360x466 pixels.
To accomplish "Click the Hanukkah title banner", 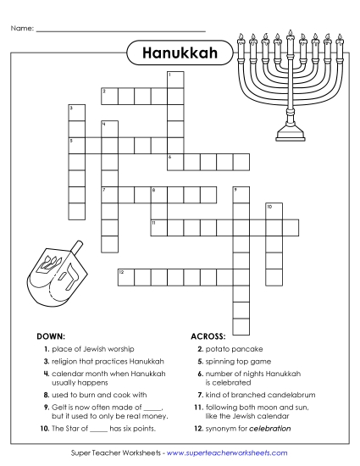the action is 180,54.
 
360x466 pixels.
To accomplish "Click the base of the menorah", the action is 289,131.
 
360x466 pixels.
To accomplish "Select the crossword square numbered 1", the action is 174,79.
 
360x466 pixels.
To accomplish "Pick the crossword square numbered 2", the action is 109,95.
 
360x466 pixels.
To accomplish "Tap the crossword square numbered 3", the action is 76,112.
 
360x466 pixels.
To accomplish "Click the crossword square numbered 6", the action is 174,161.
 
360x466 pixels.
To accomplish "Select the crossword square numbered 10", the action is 273,210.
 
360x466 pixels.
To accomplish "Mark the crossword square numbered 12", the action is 125,275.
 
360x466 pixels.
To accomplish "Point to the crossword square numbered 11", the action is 158,226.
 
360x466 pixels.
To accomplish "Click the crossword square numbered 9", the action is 241,194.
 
